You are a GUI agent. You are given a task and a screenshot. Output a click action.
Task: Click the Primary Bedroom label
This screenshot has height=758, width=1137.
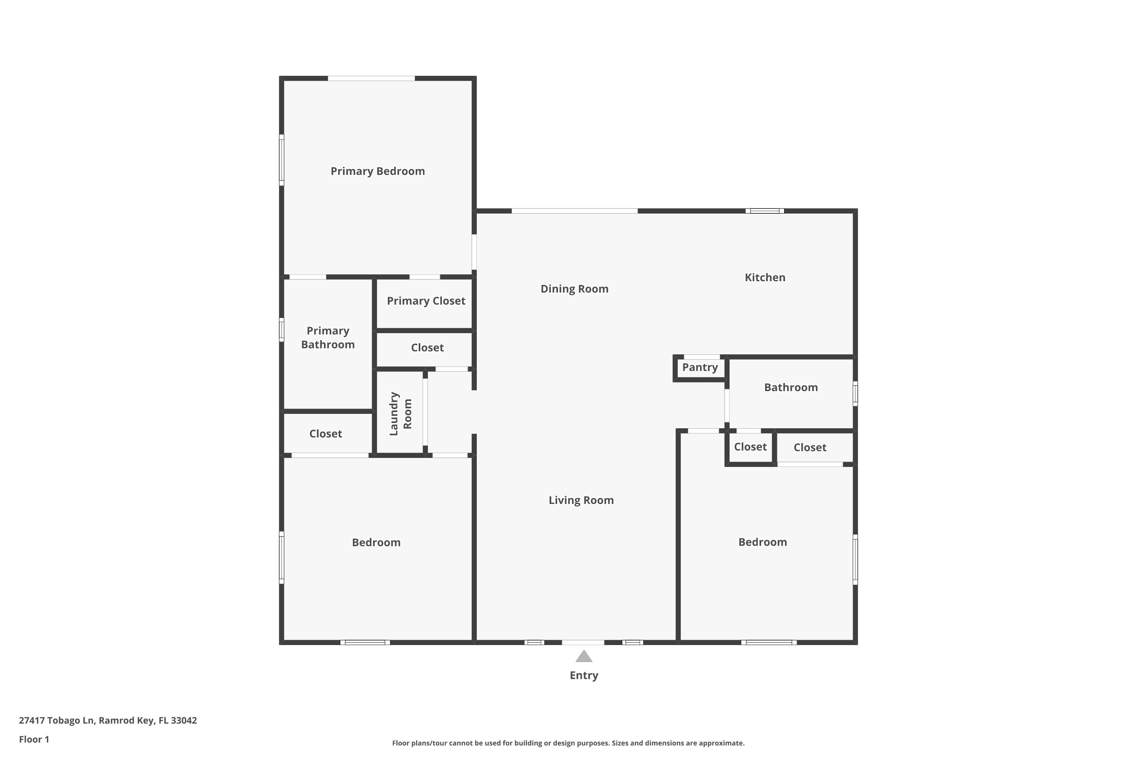coord(377,171)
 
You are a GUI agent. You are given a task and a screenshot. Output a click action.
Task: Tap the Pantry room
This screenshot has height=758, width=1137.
coord(700,367)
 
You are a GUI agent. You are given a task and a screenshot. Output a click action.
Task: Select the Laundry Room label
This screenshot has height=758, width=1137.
coord(400,413)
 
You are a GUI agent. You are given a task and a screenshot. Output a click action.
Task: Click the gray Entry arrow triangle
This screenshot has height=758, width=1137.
coord(584,657)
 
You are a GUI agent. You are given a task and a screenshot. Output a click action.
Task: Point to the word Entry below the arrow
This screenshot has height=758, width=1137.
coord(584,675)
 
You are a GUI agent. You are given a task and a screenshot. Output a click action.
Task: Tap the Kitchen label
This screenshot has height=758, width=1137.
coord(765,277)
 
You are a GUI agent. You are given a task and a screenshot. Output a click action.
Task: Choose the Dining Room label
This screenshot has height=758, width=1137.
coord(574,289)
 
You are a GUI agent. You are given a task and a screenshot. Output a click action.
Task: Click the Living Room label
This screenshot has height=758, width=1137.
coord(581,500)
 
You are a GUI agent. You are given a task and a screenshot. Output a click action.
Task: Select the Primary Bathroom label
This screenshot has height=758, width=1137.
coord(328,337)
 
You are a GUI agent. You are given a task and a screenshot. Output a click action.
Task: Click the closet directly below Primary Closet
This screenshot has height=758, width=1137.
coord(428,348)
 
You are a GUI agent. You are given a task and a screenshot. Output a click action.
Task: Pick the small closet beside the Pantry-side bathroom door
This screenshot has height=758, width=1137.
coord(750,447)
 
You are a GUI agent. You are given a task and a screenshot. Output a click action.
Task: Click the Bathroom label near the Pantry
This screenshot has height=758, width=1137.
coord(791,388)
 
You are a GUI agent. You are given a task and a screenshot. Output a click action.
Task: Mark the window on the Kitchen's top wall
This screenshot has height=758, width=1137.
coord(764,211)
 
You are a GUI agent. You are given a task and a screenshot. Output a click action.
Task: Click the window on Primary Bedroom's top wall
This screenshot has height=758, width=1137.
coord(371,78)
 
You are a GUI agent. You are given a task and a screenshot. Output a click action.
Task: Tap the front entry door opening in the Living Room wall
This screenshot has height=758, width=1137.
coord(583,642)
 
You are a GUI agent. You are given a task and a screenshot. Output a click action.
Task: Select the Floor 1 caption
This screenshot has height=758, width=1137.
coord(34,739)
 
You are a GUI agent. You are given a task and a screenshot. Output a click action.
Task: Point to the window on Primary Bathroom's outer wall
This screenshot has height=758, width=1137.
coord(281,330)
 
